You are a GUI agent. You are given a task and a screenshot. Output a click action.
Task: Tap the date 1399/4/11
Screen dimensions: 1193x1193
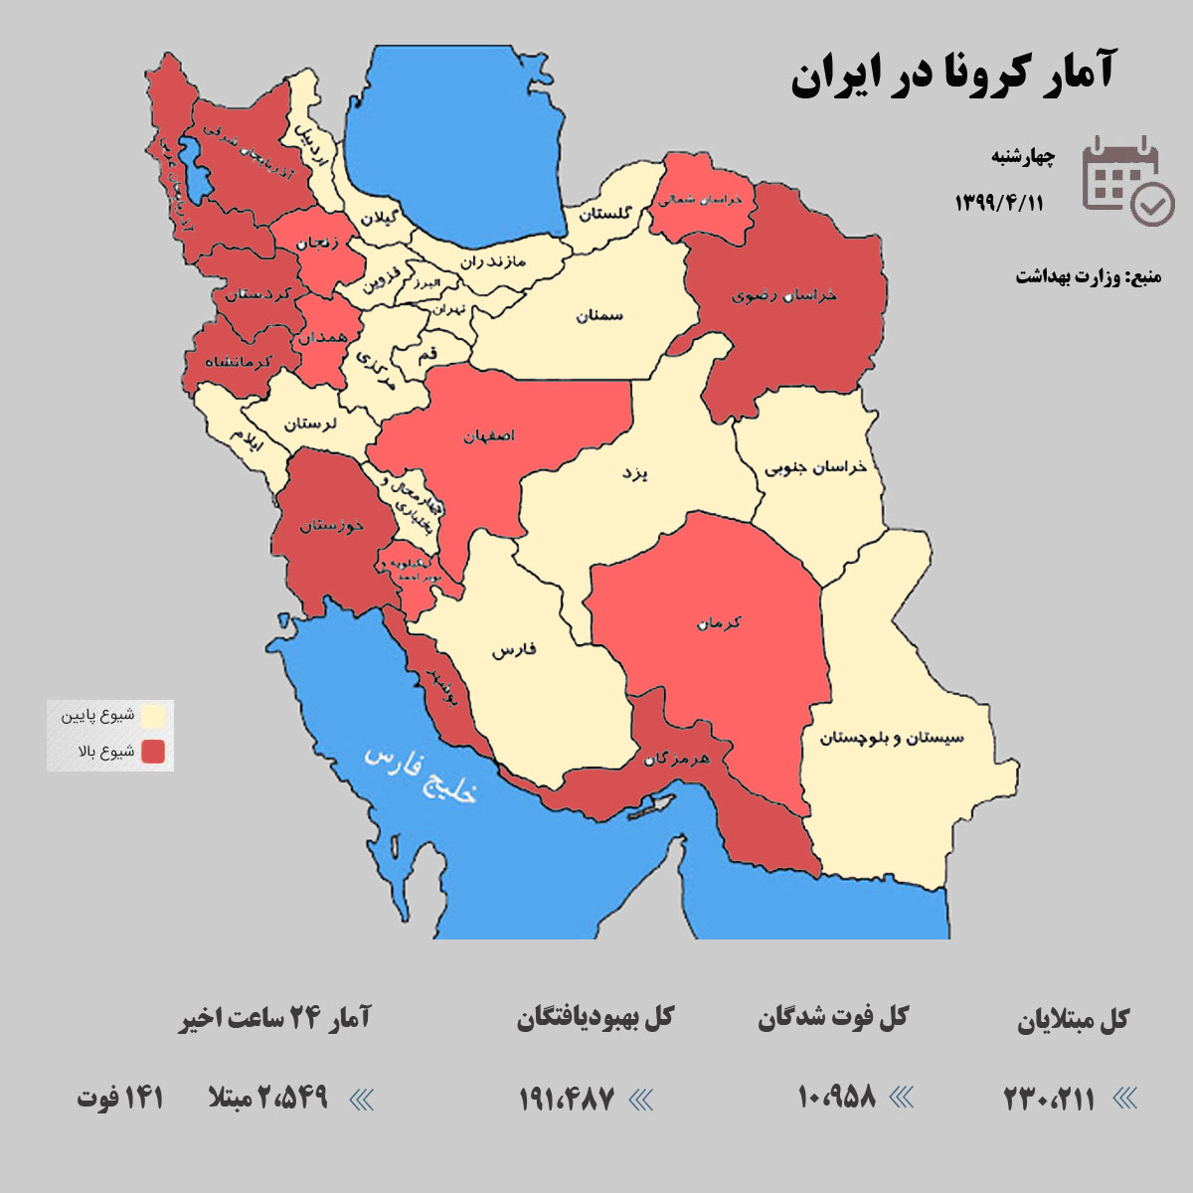pyautogui.click(x=999, y=203)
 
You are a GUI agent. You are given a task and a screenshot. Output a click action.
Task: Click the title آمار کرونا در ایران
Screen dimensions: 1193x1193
pyautogui.click(x=952, y=75)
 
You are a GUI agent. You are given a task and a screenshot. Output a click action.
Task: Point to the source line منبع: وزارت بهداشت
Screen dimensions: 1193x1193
pyautogui.click(x=1088, y=276)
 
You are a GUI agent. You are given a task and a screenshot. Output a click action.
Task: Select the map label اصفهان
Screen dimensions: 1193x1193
pyautogui.click(x=489, y=436)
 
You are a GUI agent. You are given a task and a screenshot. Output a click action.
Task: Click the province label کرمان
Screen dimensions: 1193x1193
pyautogui.click(x=719, y=623)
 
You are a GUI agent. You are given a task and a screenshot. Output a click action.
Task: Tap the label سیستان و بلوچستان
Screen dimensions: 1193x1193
pyautogui.click(x=891, y=738)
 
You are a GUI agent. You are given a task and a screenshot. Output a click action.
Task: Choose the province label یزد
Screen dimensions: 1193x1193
pyautogui.click(x=634, y=473)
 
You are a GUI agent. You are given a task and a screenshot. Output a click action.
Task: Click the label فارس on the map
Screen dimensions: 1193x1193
pyautogui.click(x=513, y=650)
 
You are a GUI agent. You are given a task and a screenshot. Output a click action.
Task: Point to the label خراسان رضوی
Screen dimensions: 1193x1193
pyautogui.click(x=784, y=295)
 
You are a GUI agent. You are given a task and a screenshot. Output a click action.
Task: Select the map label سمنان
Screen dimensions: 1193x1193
pyautogui.click(x=598, y=315)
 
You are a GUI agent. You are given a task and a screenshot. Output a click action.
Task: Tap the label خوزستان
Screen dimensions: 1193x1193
pyautogui.click(x=332, y=525)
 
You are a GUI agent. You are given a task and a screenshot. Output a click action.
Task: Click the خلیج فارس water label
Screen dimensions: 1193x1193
pyautogui.click(x=422, y=773)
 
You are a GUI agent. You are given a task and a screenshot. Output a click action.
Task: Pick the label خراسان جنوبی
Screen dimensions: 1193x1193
pyautogui.click(x=815, y=467)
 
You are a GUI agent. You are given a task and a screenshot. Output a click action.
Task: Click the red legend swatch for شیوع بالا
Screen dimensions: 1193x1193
pyautogui.click(x=152, y=752)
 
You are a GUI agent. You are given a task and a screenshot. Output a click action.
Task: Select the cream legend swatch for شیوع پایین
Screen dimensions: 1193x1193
pyautogui.click(x=152, y=716)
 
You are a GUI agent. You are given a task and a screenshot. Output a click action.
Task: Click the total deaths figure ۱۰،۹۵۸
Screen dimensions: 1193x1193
pyautogui.click(x=836, y=1097)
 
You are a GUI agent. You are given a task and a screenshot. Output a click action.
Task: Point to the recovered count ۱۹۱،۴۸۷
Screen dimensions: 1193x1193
pyautogui.click(x=567, y=1099)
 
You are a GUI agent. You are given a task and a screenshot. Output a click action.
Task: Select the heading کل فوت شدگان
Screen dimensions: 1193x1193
pyautogui.click(x=833, y=1018)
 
